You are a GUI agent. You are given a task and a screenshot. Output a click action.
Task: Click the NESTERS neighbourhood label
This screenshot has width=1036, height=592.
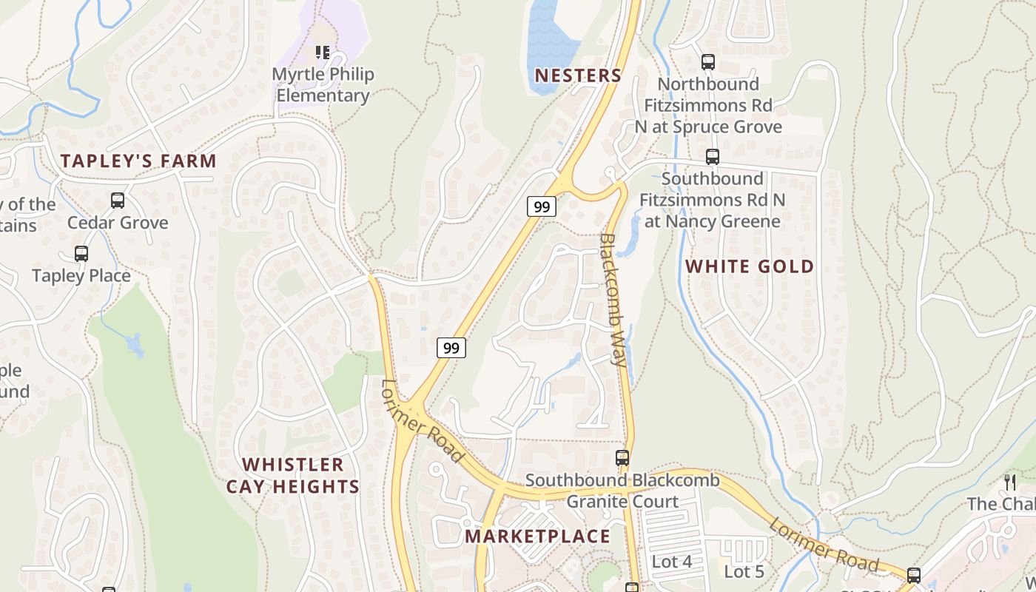pos(578,75)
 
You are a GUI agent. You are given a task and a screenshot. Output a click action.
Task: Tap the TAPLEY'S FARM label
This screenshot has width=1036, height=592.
pos(138,161)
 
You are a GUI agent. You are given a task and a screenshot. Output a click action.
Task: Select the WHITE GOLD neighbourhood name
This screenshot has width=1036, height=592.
pos(750,266)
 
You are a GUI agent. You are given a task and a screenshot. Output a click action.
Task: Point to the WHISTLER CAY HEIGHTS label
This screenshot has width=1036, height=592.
pos(293,476)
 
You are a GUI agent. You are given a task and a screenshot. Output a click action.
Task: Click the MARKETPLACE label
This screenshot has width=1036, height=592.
pos(538,536)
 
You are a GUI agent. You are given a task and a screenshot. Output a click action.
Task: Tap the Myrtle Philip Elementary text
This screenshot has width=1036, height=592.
pos(323,85)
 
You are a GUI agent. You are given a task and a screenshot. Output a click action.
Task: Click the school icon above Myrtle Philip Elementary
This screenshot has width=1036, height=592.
pos(323,52)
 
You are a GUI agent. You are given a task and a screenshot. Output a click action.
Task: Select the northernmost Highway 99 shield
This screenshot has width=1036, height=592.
pos(542,206)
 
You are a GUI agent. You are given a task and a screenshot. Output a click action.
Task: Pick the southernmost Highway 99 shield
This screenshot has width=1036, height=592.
pos(451,347)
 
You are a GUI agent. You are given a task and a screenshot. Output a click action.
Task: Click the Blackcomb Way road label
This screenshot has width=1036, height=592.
pos(613,299)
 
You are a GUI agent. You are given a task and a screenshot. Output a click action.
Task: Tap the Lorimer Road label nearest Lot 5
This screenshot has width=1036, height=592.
pos(823,545)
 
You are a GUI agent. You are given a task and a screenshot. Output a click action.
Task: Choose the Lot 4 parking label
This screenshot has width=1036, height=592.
pos(672,562)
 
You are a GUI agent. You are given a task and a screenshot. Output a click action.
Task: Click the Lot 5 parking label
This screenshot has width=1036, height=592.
pos(744,571)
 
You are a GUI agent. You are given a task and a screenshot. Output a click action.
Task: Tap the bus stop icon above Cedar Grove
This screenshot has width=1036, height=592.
pos(118,200)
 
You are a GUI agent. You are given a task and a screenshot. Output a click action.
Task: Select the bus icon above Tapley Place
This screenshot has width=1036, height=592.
pos(81,254)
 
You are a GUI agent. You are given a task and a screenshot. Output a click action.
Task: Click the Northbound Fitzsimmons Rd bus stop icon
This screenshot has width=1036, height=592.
pos(708,62)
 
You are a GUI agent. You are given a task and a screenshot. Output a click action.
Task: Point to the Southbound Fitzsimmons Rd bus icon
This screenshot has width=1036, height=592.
pos(712,157)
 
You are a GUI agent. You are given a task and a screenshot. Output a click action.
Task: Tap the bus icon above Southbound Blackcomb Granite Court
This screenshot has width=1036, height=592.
pos(622,458)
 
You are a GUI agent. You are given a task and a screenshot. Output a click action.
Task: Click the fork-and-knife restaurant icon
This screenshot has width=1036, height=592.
pos(1010,482)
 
